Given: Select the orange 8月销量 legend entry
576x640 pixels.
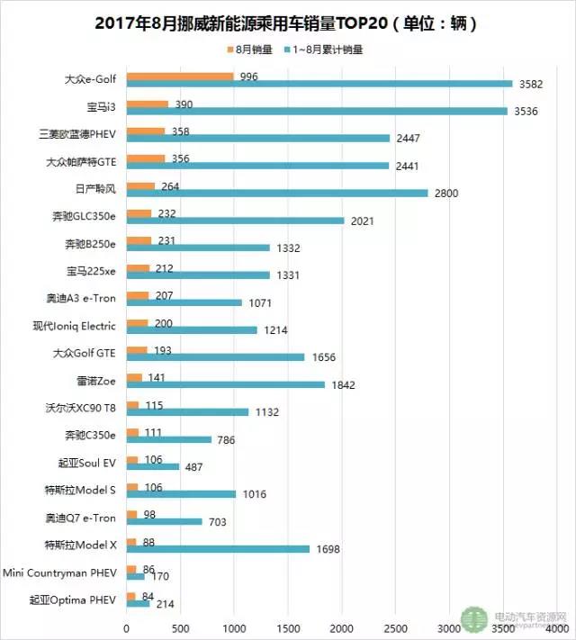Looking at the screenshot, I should pyautogui.click(x=248, y=50).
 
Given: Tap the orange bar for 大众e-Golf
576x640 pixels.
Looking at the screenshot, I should pyautogui.click(x=180, y=77).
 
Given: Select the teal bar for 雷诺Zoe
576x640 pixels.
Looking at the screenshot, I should pyautogui.click(x=225, y=384).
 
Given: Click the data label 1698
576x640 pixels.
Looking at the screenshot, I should pyautogui.click(x=331, y=547).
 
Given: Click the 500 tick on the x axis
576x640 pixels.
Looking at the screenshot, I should pyautogui.click(x=181, y=626).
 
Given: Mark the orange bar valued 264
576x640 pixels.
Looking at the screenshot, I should pyautogui.click(x=140, y=186).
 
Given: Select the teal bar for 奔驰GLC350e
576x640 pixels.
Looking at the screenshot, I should pyautogui.click(x=235, y=220).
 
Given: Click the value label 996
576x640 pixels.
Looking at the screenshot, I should pyautogui.click(x=248, y=77).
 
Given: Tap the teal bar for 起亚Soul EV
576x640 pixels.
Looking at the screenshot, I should pyautogui.click(x=153, y=466).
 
